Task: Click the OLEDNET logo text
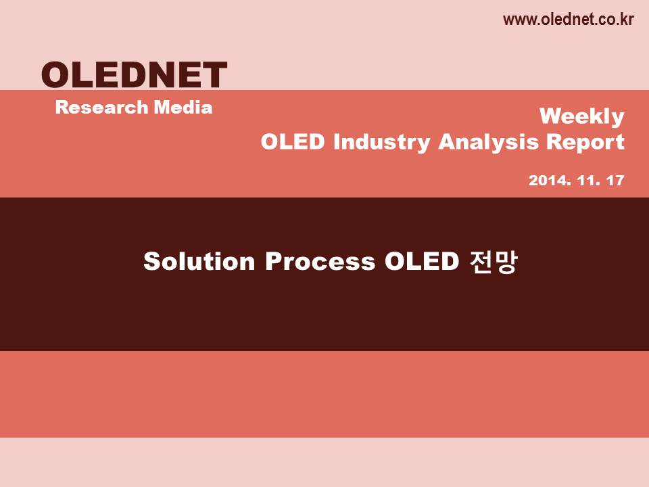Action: [x=134, y=74]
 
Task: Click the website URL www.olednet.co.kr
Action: [x=568, y=20]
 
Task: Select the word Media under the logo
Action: [x=183, y=108]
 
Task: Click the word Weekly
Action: [x=582, y=117]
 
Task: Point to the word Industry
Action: [x=382, y=142]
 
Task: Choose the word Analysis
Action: [x=488, y=142]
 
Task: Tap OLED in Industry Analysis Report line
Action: [x=293, y=141]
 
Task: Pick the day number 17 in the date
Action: [x=615, y=180]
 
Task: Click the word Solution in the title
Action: [x=199, y=261]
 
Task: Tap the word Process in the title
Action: [x=320, y=261]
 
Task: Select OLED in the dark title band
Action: [x=422, y=261]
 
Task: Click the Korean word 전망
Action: [x=494, y=261]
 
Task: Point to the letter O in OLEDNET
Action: [x=56, y=74]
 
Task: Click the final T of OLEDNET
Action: [x=214, y=74]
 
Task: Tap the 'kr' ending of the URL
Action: [x=626, y=20]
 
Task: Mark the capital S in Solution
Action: [x=152, y=261]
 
